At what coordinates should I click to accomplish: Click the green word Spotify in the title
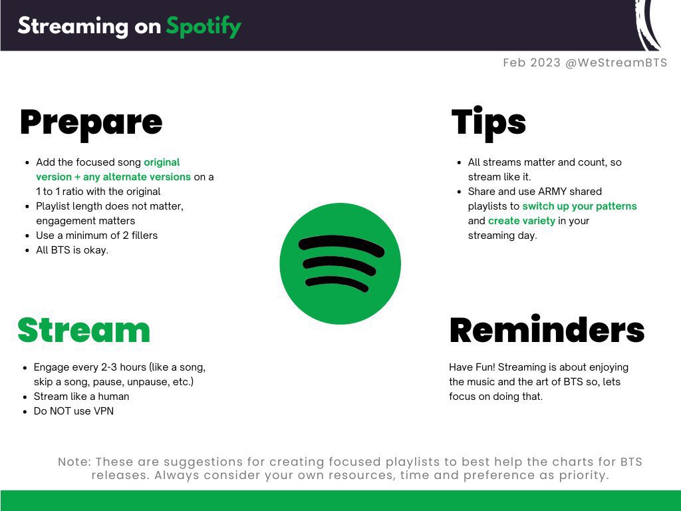204,27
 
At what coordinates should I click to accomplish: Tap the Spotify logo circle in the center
340,263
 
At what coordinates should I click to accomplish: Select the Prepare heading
91,124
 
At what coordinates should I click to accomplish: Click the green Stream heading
84,330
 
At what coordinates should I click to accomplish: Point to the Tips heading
489,123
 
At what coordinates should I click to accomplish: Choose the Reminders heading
547,329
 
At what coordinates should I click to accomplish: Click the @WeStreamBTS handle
616,63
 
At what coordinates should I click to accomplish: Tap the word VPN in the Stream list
104,411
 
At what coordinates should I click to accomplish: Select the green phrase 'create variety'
521,221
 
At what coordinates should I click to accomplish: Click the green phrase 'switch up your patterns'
579,206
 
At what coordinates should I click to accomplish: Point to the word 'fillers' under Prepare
144,236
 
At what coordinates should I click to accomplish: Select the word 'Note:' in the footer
74,462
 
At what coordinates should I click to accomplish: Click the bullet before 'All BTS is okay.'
27,250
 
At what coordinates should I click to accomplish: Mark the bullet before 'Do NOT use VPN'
25,411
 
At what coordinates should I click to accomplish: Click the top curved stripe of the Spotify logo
341,244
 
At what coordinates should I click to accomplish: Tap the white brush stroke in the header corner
648,25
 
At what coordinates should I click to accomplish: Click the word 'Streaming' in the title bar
73,27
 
